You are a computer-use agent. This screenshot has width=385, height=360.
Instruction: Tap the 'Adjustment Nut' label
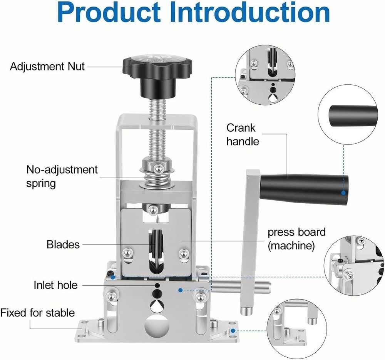point(47,66)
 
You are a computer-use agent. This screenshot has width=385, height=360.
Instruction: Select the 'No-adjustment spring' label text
point(62,176)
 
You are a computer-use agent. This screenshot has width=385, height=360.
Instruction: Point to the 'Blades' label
point(63,244)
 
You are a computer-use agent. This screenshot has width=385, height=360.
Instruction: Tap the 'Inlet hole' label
point(55,285)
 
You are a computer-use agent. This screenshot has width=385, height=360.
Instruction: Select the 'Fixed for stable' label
point(38,312)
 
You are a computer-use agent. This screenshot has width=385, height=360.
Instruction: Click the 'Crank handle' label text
point(243,134)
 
